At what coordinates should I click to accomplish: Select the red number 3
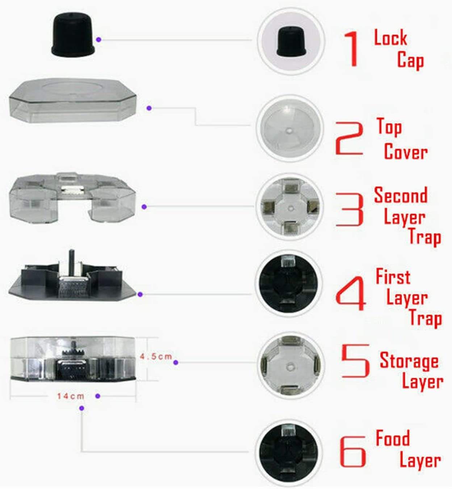click(350, 209)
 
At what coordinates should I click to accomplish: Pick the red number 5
click(356, 361)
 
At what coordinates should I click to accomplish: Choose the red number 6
click(352, 451)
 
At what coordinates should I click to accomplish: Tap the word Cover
click(406, 152)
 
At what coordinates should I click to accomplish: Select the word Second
click(401, 195)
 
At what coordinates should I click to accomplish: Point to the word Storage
click(409, 361)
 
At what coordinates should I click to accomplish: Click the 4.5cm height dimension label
click(156, 356)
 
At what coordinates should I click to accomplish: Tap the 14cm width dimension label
click(71, 396)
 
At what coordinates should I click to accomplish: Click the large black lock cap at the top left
click(73, 34)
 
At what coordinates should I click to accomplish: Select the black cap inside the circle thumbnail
click(291, 42)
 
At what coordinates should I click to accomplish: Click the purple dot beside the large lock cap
click(99, 39)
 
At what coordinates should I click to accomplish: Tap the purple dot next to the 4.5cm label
click(176, 362)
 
